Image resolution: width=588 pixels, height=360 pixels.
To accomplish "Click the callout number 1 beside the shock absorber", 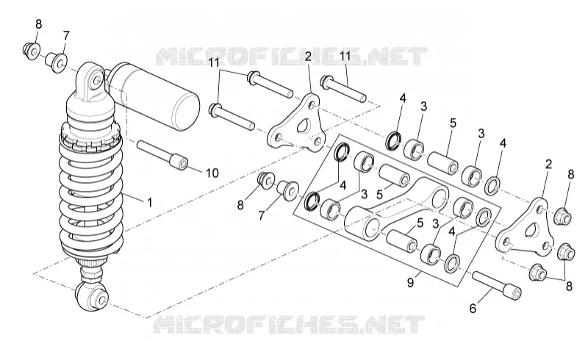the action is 150,203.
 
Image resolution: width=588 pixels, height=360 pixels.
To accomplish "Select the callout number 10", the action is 212,173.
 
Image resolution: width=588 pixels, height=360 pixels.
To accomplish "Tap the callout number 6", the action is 473,309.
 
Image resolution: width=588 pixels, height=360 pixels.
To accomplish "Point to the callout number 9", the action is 411,283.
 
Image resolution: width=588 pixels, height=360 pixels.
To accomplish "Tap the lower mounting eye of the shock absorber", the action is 93,296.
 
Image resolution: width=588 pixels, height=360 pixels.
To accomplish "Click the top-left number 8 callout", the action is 39,24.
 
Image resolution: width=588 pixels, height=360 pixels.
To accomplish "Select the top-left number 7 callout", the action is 66,35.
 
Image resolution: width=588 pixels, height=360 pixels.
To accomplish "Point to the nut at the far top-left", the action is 32,51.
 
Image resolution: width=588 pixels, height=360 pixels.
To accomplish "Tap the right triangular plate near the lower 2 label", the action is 525,228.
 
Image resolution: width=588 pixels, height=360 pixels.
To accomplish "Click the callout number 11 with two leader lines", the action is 214,62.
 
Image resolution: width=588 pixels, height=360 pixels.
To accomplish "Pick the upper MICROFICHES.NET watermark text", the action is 291,57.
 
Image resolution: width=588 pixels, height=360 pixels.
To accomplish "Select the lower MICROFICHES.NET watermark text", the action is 289,325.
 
